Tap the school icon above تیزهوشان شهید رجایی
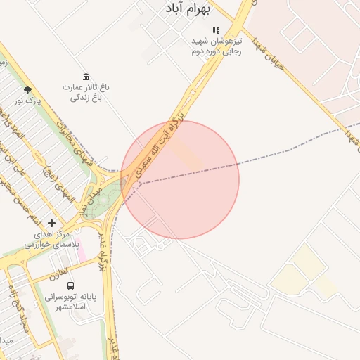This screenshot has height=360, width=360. (217, 31)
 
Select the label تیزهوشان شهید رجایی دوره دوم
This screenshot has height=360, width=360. (217, 46)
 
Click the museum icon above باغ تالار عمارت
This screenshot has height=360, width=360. (86, 76)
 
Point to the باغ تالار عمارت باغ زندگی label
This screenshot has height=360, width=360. (86, 92)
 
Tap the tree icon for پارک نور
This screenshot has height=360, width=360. (27, 90)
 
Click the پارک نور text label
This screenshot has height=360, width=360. (30, 101)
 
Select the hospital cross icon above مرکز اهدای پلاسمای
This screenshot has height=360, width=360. (51, 223)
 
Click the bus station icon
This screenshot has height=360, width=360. (71, 285)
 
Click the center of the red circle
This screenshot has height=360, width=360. (180, 180)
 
